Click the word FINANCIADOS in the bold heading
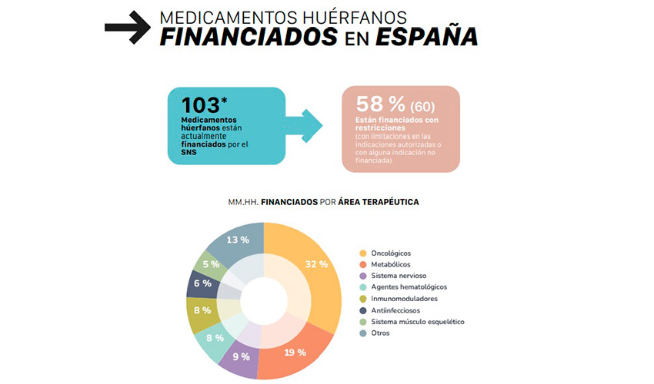pos(249,36)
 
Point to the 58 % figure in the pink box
pos(380,104)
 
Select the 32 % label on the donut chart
pos(316,263)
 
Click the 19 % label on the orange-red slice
pos(295,353)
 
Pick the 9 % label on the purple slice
pos(240,356)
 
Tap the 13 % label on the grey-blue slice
pos(237,240)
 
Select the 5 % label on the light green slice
pos(211,264)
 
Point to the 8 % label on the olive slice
pos(202,311)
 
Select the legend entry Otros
pos(380,333)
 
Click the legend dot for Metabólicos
pos(362,264)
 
